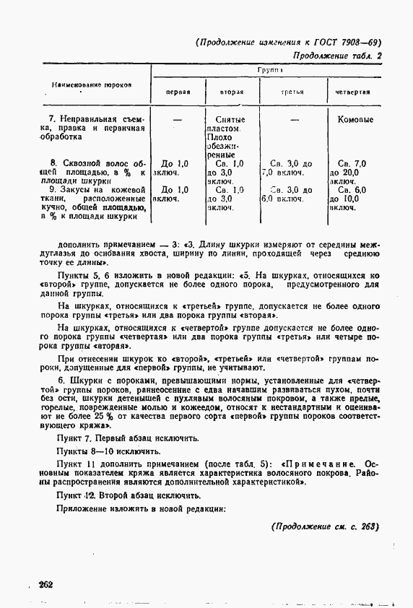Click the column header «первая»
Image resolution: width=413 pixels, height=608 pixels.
pyautogui.click(x=178, y=92)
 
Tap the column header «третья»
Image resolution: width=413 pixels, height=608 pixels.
pyautogui.click(x=292, y=92)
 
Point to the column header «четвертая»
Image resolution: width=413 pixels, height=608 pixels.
pyautogui.click(x=353, y=92)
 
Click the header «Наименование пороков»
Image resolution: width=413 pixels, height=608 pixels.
pyautogui.click(x=91, y=84)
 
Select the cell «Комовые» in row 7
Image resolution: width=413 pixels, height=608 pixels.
pyautogui.click(x=355, y=120)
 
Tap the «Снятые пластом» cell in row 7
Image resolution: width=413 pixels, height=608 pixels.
pyautogui.click(x=230, y=123)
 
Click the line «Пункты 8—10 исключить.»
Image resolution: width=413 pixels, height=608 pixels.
pyautogui.click(x=97, y=450)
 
